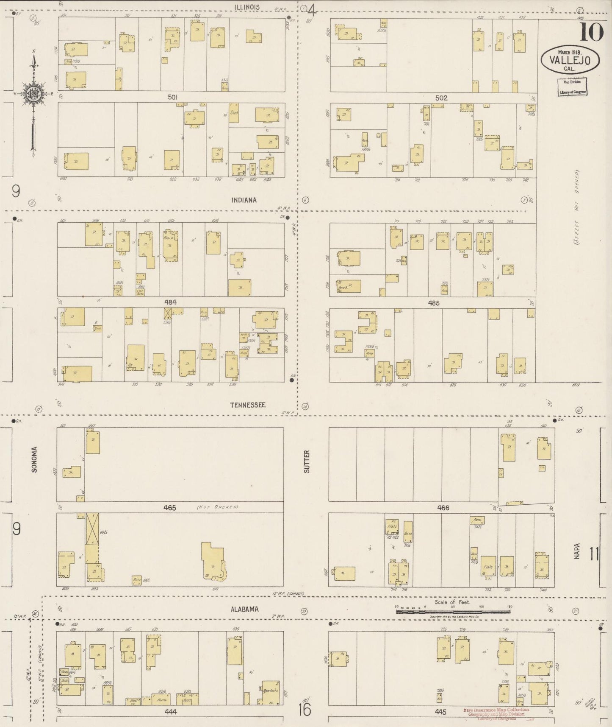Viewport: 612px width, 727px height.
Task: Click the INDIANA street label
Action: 244,200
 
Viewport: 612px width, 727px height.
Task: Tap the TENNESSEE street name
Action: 248,405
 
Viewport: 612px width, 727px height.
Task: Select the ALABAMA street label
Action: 244,609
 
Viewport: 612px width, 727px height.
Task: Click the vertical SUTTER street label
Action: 307,462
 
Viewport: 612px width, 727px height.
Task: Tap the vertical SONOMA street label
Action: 35,459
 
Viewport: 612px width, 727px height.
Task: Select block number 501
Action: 172,97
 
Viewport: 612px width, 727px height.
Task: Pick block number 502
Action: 441,98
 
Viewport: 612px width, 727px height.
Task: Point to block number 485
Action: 434,303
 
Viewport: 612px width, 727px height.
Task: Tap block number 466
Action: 443,507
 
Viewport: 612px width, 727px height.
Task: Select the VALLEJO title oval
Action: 570,60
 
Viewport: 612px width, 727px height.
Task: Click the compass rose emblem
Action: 33,94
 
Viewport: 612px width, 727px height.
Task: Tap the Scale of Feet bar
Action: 453,612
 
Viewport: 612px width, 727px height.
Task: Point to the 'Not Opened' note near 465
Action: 218,507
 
